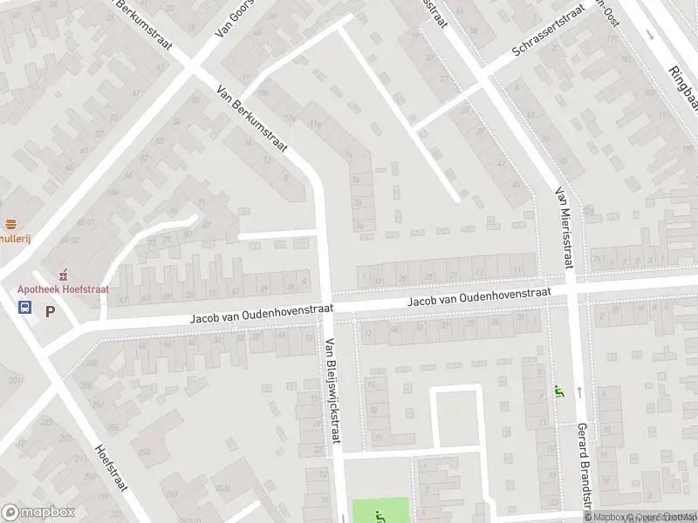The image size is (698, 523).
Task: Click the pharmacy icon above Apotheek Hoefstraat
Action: point(63,275)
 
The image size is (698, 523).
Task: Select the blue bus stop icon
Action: point(25,308)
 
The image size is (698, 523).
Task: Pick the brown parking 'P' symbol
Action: point(50,310)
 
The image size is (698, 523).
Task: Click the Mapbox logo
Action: point(38,513)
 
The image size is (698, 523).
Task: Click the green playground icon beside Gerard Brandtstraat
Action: point(558,392)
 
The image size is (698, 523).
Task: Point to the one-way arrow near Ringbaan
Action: point(650,34)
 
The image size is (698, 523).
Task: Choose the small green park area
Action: point(380,509)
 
